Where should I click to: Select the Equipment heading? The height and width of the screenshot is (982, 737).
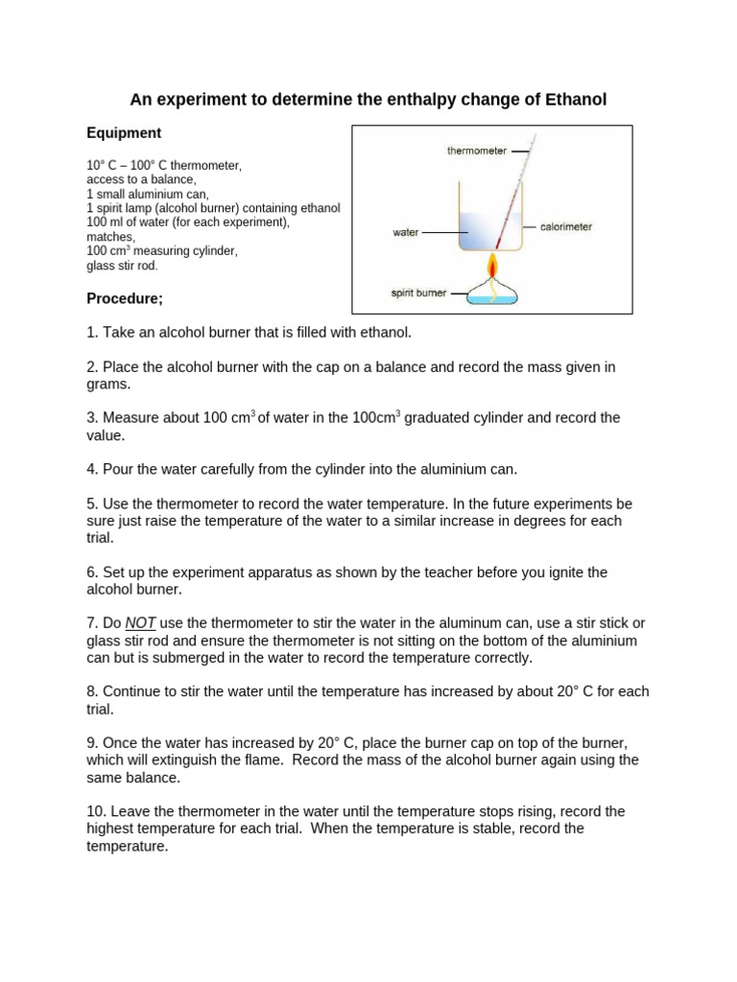point(124,133)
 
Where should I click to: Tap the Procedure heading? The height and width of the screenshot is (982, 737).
point(125,298)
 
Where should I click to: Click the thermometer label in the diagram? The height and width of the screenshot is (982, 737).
point(477,151)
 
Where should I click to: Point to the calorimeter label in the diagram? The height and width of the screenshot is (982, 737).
point(567,227)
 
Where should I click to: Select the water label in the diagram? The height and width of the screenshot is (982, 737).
point(406,232)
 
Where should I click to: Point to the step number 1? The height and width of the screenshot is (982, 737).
point(91,333)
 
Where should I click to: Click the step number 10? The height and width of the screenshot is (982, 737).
point(97,811)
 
